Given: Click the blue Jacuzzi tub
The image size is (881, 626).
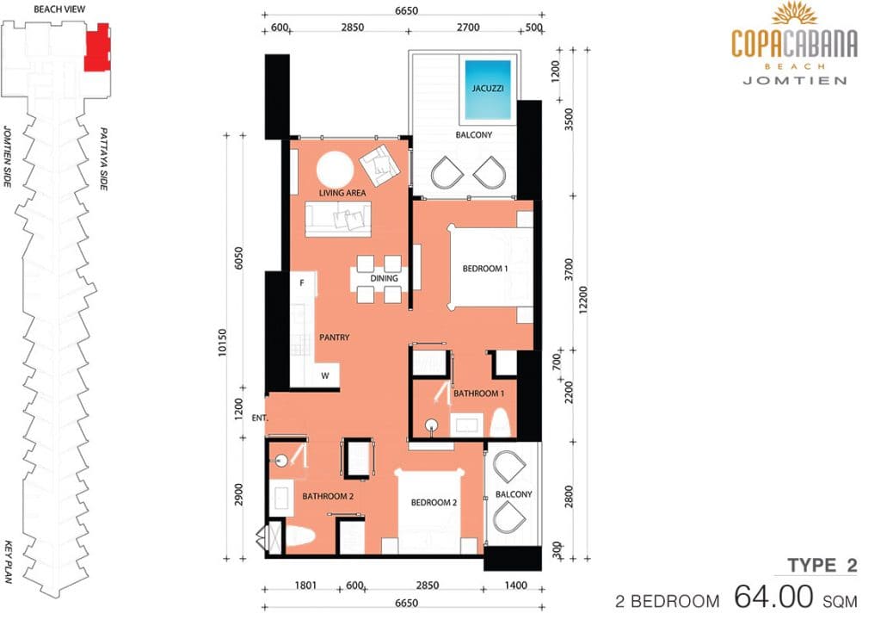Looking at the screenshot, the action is coord(488,90).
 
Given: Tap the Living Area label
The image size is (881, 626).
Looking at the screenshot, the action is coord(342,193).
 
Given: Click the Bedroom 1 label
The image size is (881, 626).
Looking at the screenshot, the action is coord(485,269).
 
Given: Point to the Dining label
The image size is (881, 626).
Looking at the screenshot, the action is coord(384,278).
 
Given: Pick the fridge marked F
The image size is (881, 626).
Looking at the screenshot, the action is coord(302,284).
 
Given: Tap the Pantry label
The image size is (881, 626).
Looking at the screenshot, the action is coord(335,338).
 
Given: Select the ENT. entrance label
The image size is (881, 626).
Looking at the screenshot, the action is coord(260,418).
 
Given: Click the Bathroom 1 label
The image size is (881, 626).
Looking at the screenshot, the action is coord(478,394).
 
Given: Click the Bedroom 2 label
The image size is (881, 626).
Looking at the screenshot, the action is coord(434,502).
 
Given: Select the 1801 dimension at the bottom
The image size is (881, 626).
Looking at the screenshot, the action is coord(305,586).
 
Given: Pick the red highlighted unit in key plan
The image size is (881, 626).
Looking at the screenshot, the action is coord(96,48).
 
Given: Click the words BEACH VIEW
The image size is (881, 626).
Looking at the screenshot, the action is coord(59,9).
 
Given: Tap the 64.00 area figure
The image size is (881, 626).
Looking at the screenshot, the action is coord(773,596).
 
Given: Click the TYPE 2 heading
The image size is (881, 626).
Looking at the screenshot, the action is coord(822,565).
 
